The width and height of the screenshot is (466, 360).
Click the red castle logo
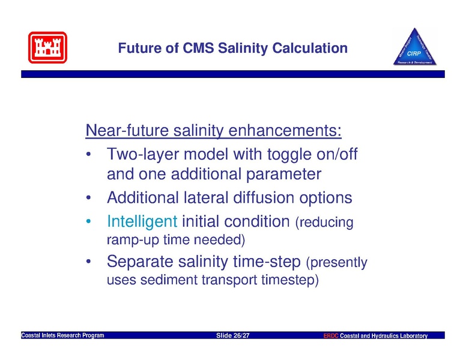[x=47, y=47]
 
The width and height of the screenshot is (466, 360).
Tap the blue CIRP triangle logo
[x=415, y=47]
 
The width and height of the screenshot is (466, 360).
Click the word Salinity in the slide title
[x=243, y=49]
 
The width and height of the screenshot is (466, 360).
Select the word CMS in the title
[x=198, y=48]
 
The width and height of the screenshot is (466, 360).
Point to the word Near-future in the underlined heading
[x=127, y=130]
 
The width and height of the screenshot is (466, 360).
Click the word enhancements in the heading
[x=285, y=130]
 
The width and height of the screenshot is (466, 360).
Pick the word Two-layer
[x=142, y=154]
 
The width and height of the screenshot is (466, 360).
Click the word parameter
[x=284, y=175]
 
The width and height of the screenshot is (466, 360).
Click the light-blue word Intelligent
[x=142, y=221]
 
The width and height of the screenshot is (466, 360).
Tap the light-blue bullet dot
[x=88, y=221]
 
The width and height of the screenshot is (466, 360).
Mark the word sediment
[x=169, y=280]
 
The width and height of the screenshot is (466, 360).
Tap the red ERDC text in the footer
[x=331, y=336]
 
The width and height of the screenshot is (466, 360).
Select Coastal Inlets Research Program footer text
[x=62, y=335]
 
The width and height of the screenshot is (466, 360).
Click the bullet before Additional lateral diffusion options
[x=88, y=197]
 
